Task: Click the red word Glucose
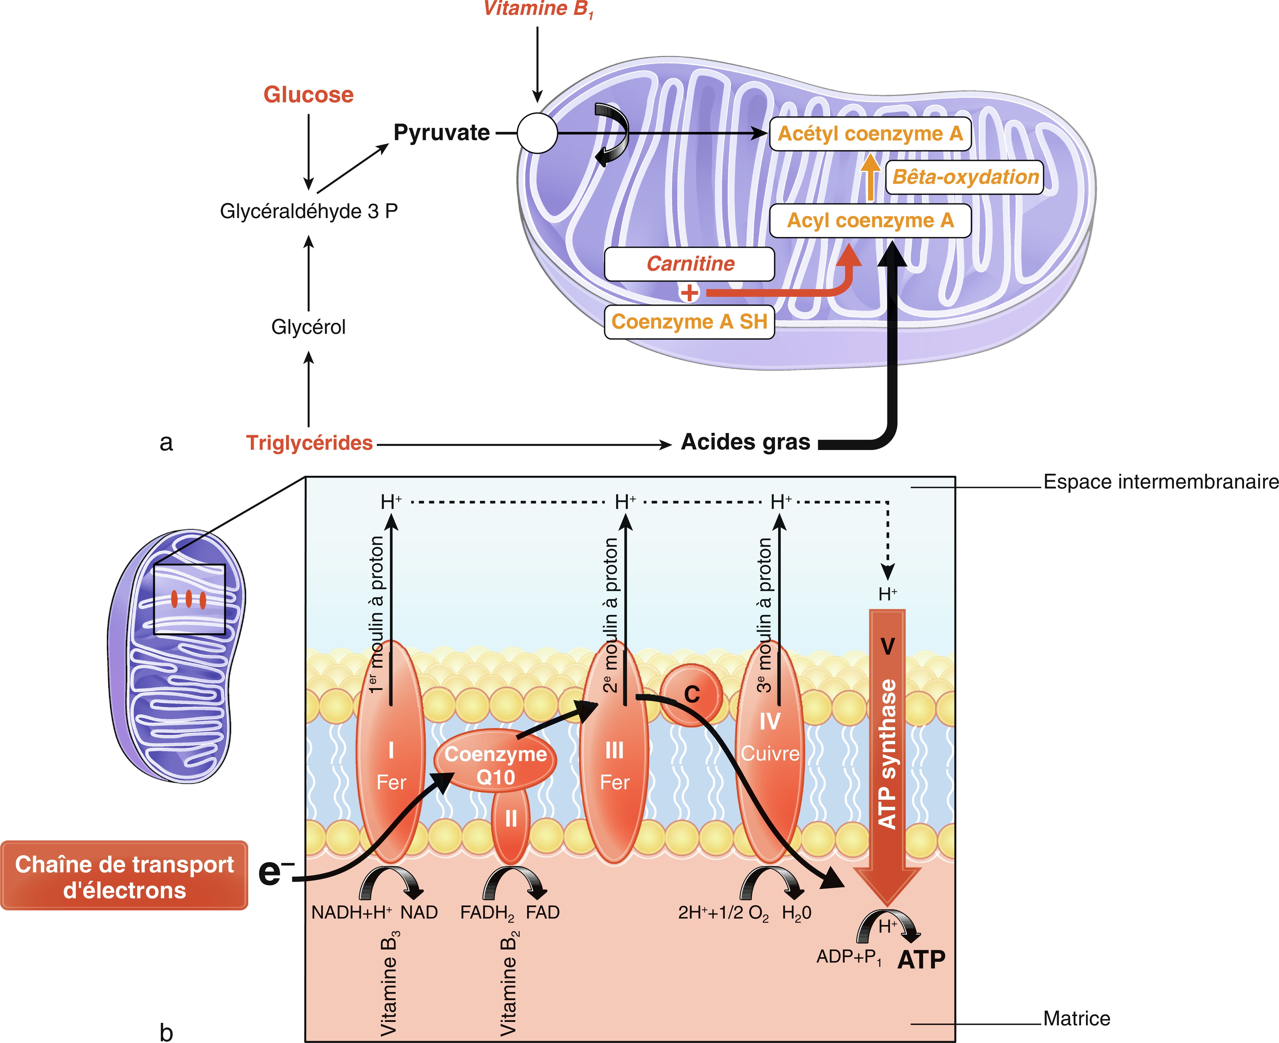pyautogui.click(x=308, y=95)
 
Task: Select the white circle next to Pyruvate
pyautogui.click(x=537, y=133)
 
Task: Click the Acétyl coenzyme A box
pyautogui.click(x=870, y=134)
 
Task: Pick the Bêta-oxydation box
pyautogui.click(x=965, y=177)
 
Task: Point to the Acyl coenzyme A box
pyautogui.click(x=870, y=221)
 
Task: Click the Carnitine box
pyautogui.click(x=690, y=264)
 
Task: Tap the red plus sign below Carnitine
pyautogui.click(x=689, y=293)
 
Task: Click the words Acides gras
pyautogui.click(x=746, y=442)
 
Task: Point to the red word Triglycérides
pyautogui.click(x=310, y=443)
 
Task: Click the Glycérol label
pyautogui.click(x=308, y=327)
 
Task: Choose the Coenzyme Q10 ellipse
pyautogui.click(x=495, y=761)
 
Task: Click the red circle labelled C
pyautogui.click(x=692, y=694)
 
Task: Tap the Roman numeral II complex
pyautogui.click(x=511, y=821)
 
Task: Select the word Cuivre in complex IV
pyautogui.click(x=770, y=753)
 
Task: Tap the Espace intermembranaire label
pyautogui.click(x=1161, y=482)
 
